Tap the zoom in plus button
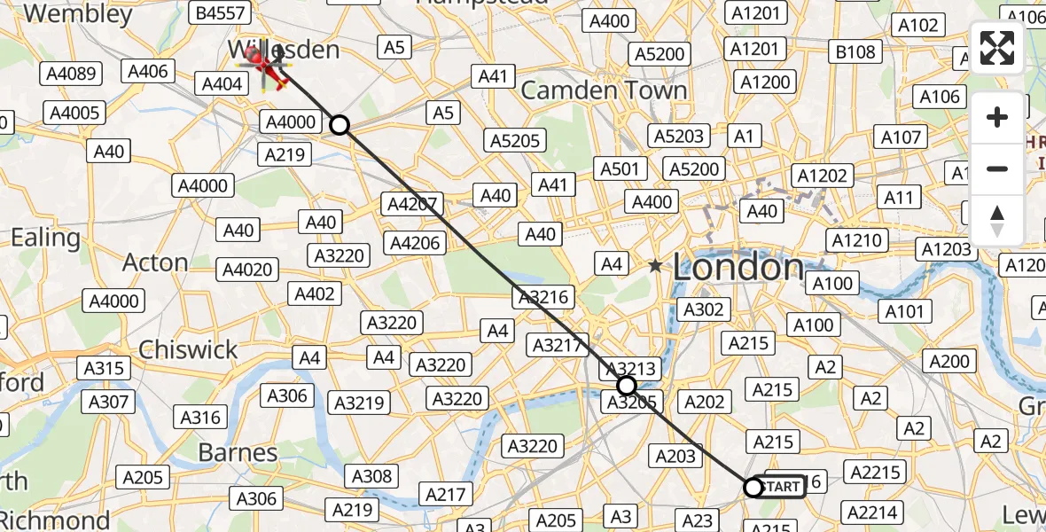[x=997, y=117]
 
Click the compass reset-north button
[x=997, y=221]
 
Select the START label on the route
[x=782, y=487]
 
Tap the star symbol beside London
[x=655, y=265]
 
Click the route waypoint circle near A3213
[x=627, y=386]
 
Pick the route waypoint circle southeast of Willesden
[x=340, y=125]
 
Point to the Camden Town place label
[x=604, y=90]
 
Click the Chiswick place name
[x=188, y=349]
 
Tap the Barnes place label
[x=238, y=452]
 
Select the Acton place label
[x=155, y=262]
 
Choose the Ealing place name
[x=44, y=238]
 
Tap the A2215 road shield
[x=875, y=473]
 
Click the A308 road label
[x=371, y=476]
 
